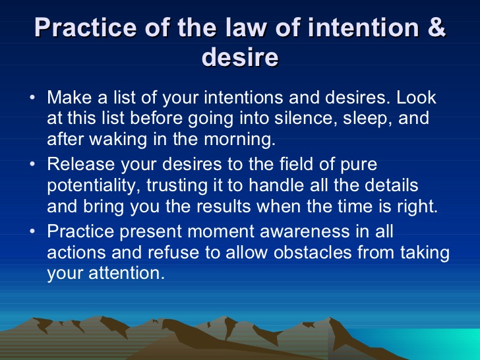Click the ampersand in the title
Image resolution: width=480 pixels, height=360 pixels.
click(x=435, y=28)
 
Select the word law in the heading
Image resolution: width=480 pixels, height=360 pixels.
click(x=247, y=28)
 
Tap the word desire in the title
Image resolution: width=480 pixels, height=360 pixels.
click(x=240, y=57)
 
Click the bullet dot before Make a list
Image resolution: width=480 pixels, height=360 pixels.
click(x=32, y=98)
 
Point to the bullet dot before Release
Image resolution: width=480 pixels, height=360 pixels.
click(x=32, y=164)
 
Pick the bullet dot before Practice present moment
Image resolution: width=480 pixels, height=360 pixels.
click(x=32, y=231)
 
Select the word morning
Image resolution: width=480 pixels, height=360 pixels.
click(x=240, y=140)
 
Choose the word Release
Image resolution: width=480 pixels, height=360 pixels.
click(x=81, y=164)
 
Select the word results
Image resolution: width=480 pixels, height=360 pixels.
click(x=224, y=206)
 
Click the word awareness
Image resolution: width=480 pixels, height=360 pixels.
click(x=305, y=231)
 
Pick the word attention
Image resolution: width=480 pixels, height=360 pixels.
click(x=127, y=273)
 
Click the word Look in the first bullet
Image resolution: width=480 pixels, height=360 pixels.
click(x=416, y=98)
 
